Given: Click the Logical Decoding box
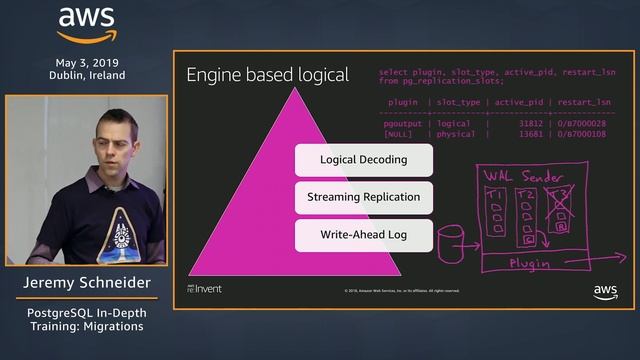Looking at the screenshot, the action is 364,160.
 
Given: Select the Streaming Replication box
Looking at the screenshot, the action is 364,198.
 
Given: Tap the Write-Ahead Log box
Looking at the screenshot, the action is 364,236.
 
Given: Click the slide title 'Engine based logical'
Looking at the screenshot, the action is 267,75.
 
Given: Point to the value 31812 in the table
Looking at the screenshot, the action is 524,124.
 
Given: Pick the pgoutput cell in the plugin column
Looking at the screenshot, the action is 400,124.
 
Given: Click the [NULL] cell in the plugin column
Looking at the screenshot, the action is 398,134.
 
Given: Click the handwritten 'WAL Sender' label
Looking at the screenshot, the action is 524,174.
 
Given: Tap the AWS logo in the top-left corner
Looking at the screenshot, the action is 87,25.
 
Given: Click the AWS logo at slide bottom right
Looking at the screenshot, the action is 605,291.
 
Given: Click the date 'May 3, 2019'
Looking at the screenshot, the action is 87,61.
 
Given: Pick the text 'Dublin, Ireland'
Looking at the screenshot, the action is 87,75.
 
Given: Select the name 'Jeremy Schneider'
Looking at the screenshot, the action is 87,284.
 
